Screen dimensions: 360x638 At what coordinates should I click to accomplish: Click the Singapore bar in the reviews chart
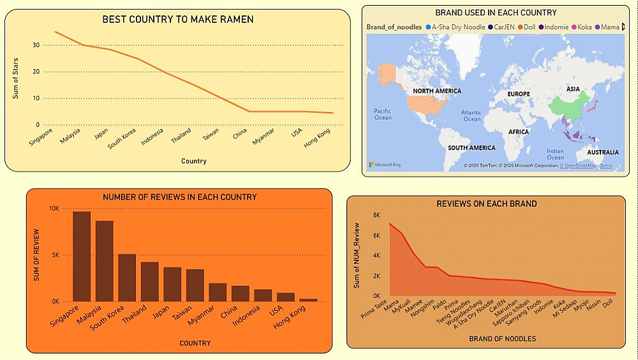pyautogui.click(x=81, y=256)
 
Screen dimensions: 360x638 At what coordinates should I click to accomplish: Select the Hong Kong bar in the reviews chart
pyautogui.click(x=309, y=299)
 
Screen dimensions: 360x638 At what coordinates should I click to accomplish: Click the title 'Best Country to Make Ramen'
pyautogui.click(x=178, y=19)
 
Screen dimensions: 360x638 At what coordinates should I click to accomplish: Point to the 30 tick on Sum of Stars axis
pyautogui.click(x=36, y=45)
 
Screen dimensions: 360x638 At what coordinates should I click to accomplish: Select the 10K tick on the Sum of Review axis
pyautogui.click(x=55, y=209)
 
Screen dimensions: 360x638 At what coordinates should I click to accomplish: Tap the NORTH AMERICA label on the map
pyautogui.click(x=437, y=91)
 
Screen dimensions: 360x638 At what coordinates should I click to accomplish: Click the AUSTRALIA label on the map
pyautogui.click(x=602, y=153)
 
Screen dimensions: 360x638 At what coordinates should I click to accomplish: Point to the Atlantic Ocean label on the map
pyautogui.click(x=472, y=116)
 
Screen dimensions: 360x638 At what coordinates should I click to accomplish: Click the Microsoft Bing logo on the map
pyautogui.click(x=385, y=165)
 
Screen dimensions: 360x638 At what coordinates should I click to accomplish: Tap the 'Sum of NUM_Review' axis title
pyautogui.click(x=357, y=255)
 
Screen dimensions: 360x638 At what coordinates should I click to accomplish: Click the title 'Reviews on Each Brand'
pyautogui.click(x=486, y=204)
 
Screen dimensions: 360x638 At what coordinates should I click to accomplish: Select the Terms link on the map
pyautogui.click(x=605, y=166)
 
